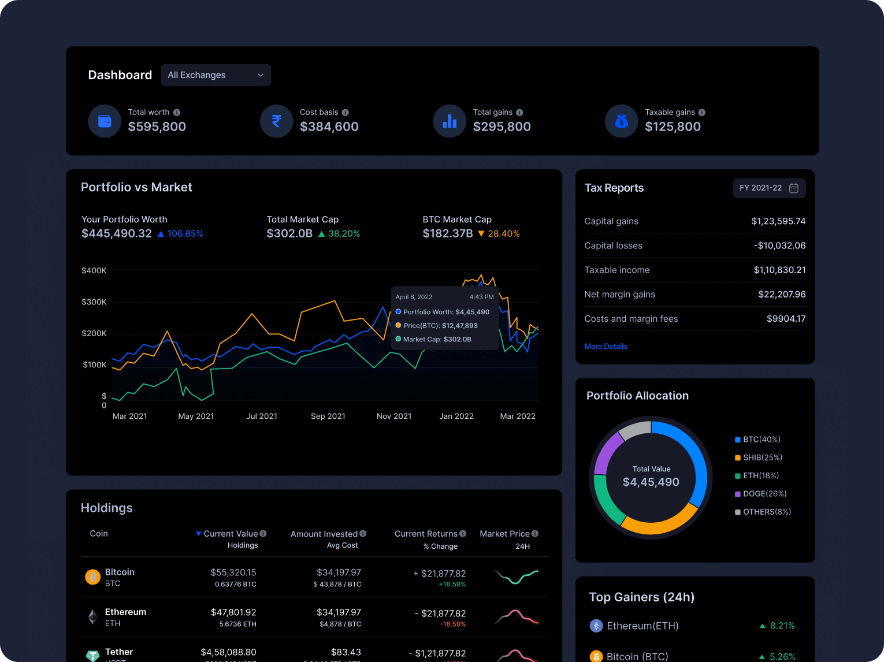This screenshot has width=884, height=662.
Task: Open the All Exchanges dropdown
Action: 216,75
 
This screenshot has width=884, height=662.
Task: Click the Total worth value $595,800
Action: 157,127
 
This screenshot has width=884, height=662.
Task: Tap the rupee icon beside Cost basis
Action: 276,121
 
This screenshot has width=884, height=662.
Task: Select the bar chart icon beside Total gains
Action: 450,121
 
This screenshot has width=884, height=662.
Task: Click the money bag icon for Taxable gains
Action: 621,121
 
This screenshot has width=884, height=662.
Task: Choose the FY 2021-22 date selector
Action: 768,188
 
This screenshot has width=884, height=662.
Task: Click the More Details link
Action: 606,347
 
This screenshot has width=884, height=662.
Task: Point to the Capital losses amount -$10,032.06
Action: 779,246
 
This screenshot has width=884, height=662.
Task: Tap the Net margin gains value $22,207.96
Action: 782,294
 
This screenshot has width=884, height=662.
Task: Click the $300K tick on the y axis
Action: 94,302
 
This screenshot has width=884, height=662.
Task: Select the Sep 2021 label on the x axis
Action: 328,416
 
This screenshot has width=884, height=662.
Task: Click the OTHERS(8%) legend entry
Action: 766,512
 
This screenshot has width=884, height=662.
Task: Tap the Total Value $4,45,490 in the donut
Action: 651,482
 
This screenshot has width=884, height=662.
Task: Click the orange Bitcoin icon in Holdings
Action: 92,577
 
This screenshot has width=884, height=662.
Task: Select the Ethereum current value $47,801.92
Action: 233,612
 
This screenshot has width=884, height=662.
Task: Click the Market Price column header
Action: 505,534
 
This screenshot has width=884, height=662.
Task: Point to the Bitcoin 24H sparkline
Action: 517,577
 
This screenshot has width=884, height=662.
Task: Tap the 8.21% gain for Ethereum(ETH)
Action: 782,626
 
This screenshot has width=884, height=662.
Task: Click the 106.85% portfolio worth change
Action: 185,234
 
